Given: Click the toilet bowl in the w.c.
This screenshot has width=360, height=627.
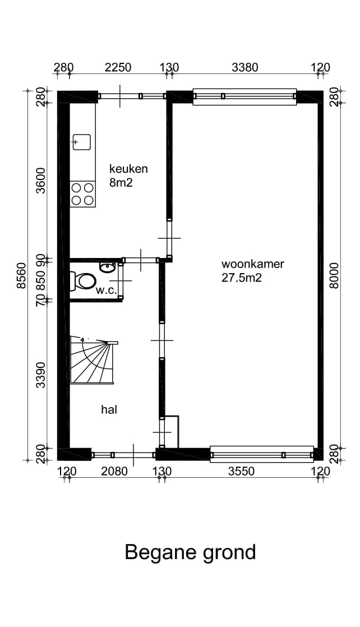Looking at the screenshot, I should coord(85,280).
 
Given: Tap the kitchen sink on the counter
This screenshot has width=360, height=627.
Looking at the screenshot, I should coord(82,142).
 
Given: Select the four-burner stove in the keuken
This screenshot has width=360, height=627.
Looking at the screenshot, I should coord(82,194).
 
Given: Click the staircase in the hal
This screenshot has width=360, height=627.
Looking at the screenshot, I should coord(91,362).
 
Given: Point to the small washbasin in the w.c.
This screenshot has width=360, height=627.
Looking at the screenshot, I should coord(107,267).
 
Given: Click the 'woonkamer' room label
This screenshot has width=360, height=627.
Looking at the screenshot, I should coord(252,264).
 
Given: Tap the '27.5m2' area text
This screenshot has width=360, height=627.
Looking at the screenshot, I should coord(241,278).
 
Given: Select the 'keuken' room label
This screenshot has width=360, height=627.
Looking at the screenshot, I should coord(128,168).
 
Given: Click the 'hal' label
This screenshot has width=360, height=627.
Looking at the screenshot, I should coord(109,410).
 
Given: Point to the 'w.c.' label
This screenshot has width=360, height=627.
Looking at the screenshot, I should coord(105,291).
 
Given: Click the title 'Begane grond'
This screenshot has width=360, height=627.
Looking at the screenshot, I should coord(190,552).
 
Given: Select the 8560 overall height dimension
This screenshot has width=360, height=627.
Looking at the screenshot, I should coord(22,275).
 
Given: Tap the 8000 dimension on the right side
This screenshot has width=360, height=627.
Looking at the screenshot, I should coord(335,275).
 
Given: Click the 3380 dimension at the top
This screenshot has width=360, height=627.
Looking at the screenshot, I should coord(245,68).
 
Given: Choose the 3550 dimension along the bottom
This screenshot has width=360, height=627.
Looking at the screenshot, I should coord(241,471).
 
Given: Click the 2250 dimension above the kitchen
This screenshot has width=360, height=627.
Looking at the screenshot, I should coord(118,68).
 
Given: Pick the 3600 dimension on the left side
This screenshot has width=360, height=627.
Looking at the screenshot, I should coord(40,180).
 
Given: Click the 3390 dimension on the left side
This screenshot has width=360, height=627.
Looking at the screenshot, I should coord(40,375).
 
